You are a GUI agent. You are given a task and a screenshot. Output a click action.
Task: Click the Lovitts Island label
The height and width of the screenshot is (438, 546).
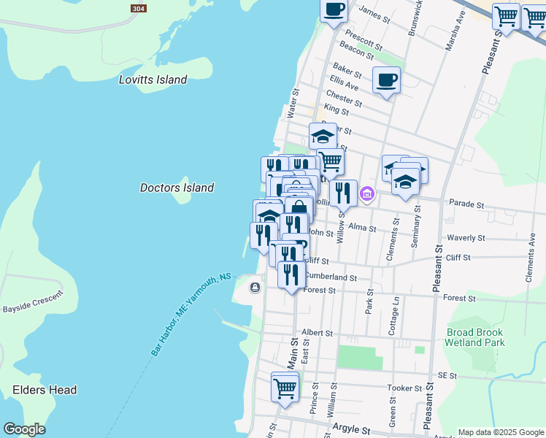point(153,80)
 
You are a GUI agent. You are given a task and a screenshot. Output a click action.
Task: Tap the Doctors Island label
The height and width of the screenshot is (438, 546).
point(177,188)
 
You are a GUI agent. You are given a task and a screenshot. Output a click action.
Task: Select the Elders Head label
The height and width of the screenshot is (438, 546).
point(45,390)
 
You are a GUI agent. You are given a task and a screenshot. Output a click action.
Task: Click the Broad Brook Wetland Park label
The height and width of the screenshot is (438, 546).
point(475,337)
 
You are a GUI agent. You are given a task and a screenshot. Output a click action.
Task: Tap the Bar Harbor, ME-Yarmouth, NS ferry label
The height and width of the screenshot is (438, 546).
point(191,314)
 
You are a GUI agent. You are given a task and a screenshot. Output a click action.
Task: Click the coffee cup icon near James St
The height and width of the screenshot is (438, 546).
point(334,10)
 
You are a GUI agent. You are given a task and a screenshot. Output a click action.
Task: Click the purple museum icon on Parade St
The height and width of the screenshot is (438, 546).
point(367,194)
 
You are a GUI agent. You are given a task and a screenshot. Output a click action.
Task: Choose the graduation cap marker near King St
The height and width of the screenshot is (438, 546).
point(323,136)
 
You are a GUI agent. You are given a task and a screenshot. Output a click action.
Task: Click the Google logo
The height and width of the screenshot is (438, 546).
point(24,429)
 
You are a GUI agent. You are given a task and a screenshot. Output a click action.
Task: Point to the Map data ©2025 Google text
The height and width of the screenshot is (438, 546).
point(501,432)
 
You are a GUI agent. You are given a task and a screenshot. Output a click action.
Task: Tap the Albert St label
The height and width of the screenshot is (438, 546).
point(317,332)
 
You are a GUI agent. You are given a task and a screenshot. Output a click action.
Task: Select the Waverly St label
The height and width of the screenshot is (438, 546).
point(466,238)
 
